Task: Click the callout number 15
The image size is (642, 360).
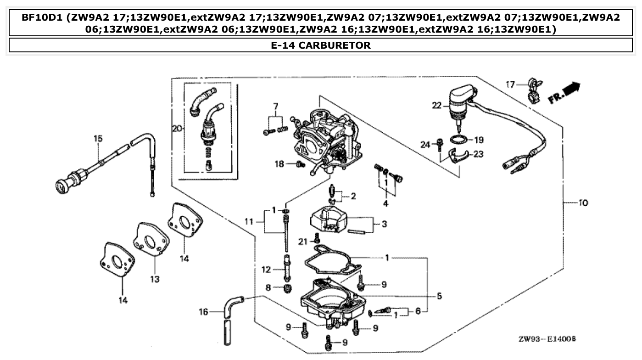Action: (97, 138)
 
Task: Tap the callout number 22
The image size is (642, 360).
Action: (436, 106)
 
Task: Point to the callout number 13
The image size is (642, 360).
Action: (155, 279)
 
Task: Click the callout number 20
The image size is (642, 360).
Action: (177, 129)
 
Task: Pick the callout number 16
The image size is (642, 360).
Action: (203, 312)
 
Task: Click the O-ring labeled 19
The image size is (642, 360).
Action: (459, 140)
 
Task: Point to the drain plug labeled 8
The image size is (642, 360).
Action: (288, 289)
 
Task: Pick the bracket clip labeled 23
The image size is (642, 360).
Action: (459, 157)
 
